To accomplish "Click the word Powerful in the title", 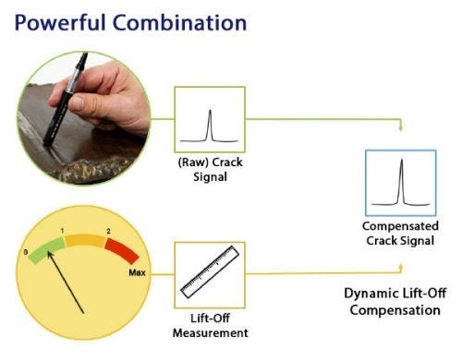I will tap(56, 19).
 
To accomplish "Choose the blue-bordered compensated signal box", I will tap(400, 182).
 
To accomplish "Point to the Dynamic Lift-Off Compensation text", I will tap(396, 302).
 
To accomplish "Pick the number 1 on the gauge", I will tap(62, 229).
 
